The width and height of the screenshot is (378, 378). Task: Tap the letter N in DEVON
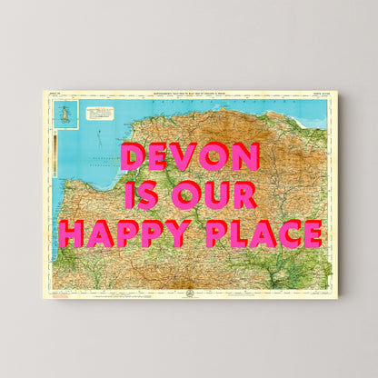pyautogui.click(x=244, y=157)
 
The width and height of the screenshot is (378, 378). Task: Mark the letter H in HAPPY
pyautogui.click(x=71, y=234)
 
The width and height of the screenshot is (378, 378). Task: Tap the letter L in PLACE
pyautogui.click(x=237, y=234)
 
